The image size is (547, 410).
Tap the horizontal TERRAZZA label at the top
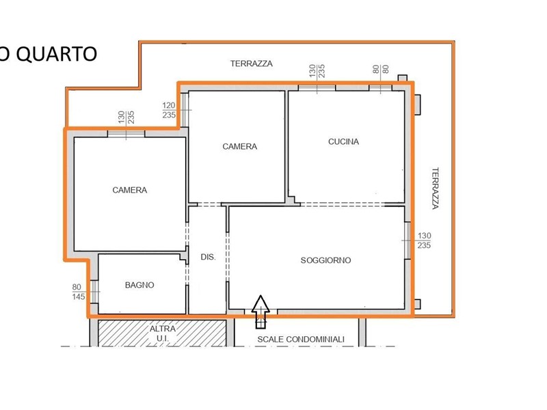pos(251,64)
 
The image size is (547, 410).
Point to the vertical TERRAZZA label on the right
pos(435,189)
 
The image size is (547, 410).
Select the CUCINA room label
pos(343,141)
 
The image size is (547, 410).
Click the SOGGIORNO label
pos(325,260)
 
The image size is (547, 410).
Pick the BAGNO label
pos(139,285)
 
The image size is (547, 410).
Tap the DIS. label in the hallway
pos(208,257)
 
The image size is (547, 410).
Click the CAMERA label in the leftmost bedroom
pos(129,190)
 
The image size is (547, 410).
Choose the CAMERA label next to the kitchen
pos(240,146)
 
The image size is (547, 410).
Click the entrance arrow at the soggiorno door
pos(261,312)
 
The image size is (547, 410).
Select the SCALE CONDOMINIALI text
pos(301,339)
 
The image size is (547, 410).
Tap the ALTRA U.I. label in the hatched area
pos(163,333)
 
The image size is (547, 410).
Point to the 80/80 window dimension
pos(381,69)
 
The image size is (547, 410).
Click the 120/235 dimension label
pos(169,110)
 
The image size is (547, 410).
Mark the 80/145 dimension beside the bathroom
pos(79,292)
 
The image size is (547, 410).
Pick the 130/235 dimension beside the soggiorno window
pos(424,241)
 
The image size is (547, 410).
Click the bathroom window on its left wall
pos(94,292)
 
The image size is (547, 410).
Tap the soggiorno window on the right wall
pos(407,241)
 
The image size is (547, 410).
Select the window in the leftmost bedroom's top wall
pos(126,133)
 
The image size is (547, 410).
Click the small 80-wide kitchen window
pos(380,87)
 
